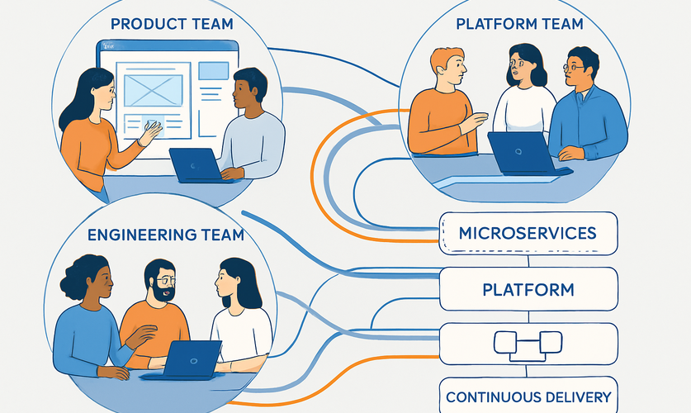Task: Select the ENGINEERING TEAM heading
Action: click(166, 235)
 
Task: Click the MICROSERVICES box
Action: click(528, 233)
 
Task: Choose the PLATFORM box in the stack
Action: click(528, 290)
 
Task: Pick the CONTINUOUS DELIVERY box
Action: click(528, 396)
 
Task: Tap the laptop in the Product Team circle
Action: click(195, 164)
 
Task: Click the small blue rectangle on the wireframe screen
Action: click(213, 71)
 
